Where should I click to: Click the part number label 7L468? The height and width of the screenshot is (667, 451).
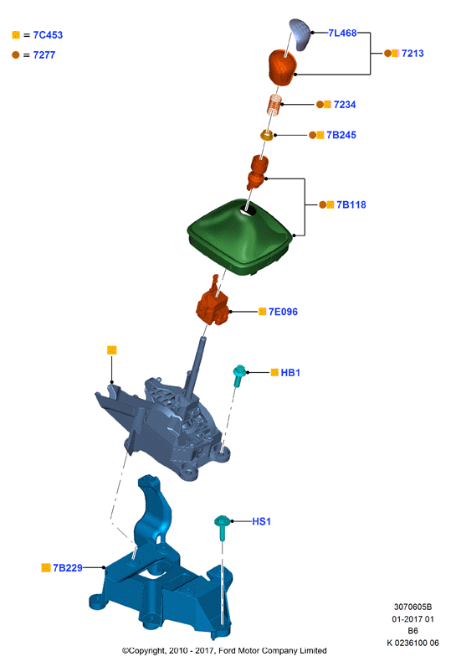tap(342, 33)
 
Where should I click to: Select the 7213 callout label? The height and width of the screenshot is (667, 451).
tap(413, 53)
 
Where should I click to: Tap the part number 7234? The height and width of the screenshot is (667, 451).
tap(345, 105)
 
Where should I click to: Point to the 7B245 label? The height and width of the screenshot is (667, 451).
tap(341, 135)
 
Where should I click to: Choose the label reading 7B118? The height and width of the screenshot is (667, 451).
tap(351, 204)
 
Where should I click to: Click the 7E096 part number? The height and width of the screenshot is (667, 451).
tap(283, 312)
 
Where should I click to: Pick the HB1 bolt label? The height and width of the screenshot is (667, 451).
tap(290, 373)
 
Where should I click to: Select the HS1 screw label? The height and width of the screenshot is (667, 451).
tap(261, 521)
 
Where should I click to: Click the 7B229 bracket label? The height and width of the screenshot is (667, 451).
tap(68, 568)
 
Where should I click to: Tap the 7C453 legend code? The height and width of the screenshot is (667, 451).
tap(48, 35)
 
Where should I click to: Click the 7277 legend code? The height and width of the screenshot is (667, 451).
tap(44, 54)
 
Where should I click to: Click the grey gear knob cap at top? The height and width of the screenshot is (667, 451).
tap(300, 34)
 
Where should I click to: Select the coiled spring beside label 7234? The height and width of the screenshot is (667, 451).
tap(274, 105)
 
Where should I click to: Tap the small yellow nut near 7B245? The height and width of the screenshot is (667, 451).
tap(266, 135)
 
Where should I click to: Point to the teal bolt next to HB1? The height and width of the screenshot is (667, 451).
tap(239, 375)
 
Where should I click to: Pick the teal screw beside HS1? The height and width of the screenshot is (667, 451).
tap(222, 527)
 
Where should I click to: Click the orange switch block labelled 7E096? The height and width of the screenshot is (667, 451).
tap(213, 304)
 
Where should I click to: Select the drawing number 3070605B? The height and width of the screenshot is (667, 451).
tap(413, 607)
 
